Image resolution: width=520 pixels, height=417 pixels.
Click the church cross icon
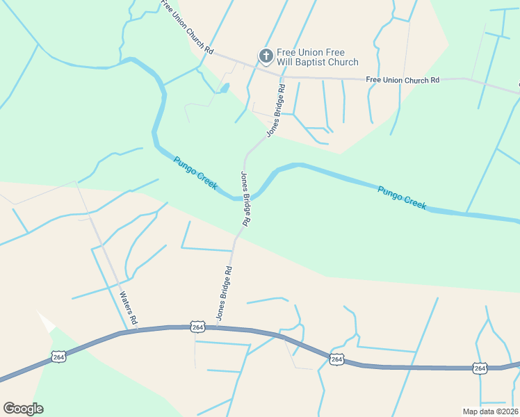coord(265,55)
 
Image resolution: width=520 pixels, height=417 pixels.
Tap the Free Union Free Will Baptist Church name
coord(317,57)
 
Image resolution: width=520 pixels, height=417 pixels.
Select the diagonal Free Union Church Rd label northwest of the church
coord(186,27)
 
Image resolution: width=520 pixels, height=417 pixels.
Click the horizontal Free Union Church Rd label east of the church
coord(403,80)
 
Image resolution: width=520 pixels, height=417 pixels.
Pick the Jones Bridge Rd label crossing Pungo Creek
coord(245,198)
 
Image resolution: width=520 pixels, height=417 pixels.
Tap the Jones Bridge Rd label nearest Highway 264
coord(223,292)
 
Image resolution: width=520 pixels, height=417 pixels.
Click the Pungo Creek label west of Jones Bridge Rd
coord(196,173)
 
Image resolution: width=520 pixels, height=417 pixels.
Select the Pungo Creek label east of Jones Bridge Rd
coord(402,197)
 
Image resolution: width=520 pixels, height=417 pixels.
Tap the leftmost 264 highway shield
coord(58,357)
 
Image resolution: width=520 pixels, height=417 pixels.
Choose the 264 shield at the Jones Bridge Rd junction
coord(197,327)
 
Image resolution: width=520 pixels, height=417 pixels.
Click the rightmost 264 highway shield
coord(479,367)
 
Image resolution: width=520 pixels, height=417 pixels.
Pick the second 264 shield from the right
coord(336,359)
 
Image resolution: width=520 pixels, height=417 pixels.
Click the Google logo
coord(23,409)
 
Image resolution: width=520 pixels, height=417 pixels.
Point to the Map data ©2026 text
coord(490,411)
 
